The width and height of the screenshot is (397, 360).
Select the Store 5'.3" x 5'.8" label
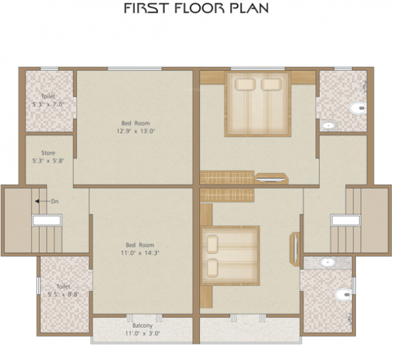48,157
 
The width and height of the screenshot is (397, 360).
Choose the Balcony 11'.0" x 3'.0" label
142,330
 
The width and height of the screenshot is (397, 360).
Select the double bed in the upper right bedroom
257,104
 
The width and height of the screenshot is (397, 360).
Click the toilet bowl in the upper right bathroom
358,109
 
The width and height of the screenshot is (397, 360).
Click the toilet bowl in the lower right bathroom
342,293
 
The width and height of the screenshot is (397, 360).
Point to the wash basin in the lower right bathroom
328,262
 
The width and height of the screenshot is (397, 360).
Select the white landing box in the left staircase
46,221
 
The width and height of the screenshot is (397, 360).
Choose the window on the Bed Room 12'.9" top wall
135,68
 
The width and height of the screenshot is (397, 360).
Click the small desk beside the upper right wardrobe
271,177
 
